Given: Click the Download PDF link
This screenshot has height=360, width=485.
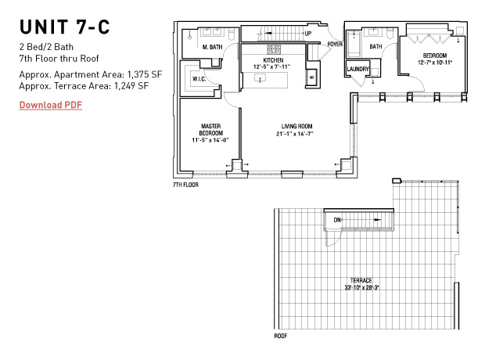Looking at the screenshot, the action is coord(51,105).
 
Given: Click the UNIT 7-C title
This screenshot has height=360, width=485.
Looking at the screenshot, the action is coord(65,27).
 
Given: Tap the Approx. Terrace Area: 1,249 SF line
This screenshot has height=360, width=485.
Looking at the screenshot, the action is coord(84,86).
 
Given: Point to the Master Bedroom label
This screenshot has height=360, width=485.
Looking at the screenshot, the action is coord(210,129).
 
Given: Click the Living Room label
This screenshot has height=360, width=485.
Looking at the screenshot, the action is coord(297,126).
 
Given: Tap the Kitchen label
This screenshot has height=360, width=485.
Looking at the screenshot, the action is coord(273,60).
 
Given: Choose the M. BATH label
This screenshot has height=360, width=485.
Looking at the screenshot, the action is coord(210,47).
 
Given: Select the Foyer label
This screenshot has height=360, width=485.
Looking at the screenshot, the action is coord(336,45).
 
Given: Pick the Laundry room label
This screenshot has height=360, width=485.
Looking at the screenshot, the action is coord(358,69).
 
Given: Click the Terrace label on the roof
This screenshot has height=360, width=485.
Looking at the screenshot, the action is coord(361,280).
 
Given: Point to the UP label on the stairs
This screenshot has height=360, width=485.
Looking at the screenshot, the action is coord(308,34).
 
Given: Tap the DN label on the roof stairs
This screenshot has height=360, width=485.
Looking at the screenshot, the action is coord(338,220).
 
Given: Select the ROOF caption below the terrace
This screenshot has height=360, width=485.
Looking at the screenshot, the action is coord(281,336).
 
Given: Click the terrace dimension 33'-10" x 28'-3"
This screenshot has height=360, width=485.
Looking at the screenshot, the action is coord(361,287).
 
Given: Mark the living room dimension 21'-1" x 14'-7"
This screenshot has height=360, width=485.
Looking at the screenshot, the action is coord(297,134).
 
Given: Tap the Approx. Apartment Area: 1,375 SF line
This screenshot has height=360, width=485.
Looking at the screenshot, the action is coord(91,74).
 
